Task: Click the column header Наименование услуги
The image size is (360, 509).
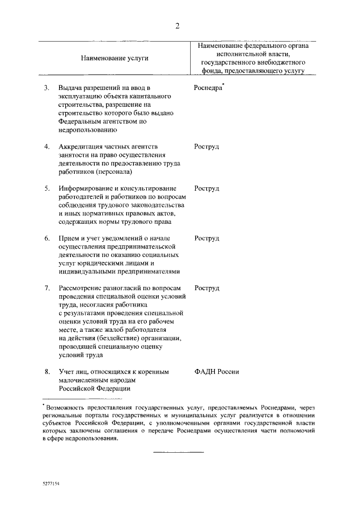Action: [x=111, y=58]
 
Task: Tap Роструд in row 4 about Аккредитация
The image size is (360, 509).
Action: [x=206, y=147]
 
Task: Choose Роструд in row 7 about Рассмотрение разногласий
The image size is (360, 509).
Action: [x=206, y=288]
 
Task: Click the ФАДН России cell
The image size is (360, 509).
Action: [x=217, y=371]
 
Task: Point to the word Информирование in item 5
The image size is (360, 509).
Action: [x=86, y=188]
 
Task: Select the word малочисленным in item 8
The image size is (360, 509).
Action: [x=84, y=380]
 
